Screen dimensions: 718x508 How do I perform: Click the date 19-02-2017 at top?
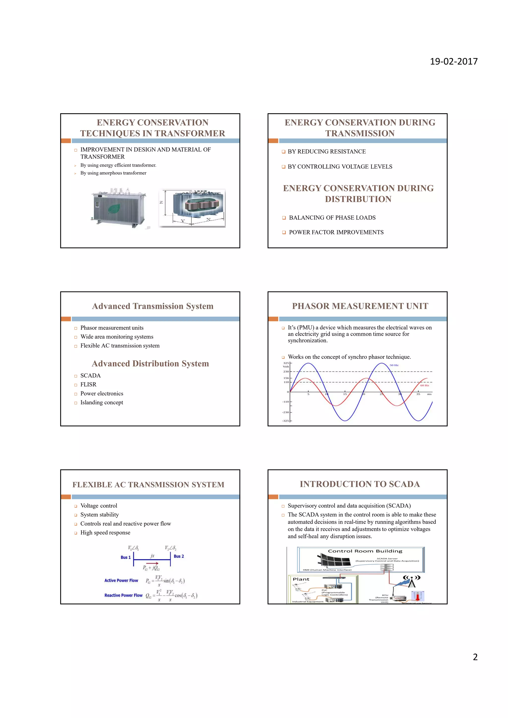[x=454, y=61]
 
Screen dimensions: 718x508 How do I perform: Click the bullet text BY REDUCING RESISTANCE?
[x=327, y=152]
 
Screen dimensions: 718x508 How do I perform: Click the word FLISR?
[x=88, y=385]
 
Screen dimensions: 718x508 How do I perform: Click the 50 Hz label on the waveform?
[x=394, y=365]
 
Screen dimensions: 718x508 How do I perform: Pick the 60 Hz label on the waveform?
[x=424, y=386]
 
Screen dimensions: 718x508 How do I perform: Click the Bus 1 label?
[x=126, y=557]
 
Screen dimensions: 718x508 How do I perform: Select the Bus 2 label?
[x=179, y=556]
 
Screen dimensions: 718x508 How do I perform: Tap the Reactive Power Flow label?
[x=123, y=596]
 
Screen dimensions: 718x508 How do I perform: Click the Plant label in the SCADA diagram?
[x=301, y=579]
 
